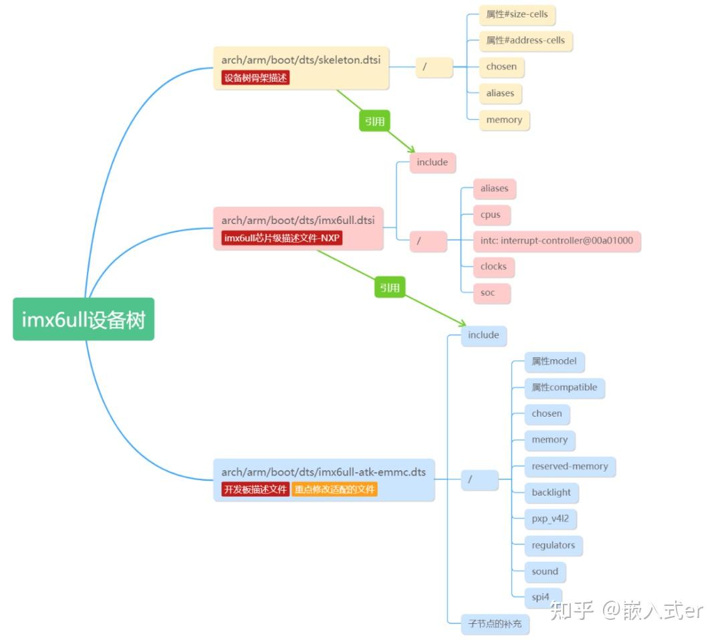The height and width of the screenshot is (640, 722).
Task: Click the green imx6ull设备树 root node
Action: [84, 320]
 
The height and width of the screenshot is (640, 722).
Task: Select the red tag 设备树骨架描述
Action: [255, 78]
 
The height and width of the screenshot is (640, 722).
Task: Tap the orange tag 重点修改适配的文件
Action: [334, 489]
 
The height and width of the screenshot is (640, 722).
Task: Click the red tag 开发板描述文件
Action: [255, 489]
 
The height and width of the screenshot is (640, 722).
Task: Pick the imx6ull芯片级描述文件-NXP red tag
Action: [281, 238]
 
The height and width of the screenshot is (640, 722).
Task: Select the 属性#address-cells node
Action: [526, 40]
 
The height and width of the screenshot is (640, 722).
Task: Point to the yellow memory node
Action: [504, 120]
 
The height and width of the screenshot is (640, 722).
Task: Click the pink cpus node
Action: [491, 215]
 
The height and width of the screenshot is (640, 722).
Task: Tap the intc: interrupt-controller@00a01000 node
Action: [557, 241]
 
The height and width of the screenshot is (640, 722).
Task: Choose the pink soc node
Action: [488, 292]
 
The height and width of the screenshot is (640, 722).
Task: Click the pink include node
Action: [433, 163]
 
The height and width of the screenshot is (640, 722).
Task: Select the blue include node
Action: [483, 335]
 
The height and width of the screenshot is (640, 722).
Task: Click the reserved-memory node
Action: [570, 466]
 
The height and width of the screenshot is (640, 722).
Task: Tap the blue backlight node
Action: [551, 492]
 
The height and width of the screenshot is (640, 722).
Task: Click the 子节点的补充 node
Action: [495, 624]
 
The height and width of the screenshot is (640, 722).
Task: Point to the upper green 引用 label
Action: [374, 121]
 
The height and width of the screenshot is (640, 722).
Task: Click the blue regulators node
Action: [553, 545]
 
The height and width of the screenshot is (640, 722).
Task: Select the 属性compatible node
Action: [564, 387]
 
